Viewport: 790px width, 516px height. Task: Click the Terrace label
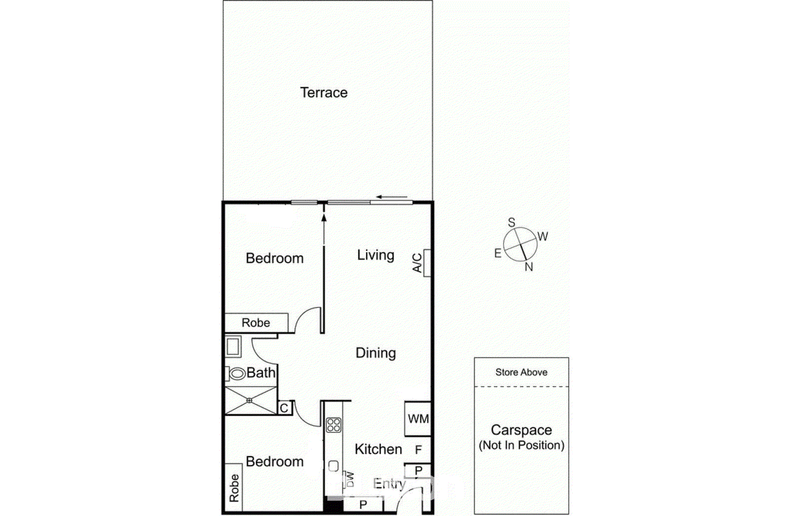pos(323,92)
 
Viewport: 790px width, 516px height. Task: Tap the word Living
pos(375,255)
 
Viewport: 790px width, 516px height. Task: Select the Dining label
pos(375,353)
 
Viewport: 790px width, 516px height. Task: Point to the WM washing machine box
pos(418,419)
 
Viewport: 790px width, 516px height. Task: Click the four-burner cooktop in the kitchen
pos(333,425)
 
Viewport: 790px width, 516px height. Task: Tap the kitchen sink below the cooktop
pos(333,466)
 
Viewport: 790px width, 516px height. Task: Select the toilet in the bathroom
pos(237,374)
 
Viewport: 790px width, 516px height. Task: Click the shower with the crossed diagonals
pos(250,400)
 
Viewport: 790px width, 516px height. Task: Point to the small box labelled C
pos(284,408)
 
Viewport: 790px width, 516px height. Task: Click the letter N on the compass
pos(529,267)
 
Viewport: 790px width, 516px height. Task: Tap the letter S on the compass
pos(512,222)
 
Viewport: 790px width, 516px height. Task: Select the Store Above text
pos(521,372)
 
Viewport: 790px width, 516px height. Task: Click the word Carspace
pos(521,430)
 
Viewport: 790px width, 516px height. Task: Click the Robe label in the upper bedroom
pos(256,323)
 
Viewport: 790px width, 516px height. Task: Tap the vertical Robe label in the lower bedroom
pos(234,488)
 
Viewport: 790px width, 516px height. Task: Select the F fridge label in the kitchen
pos(418,450)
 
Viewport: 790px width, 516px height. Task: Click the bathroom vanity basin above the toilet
pos(233,346)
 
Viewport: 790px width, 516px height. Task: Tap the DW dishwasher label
pos(350,478)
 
